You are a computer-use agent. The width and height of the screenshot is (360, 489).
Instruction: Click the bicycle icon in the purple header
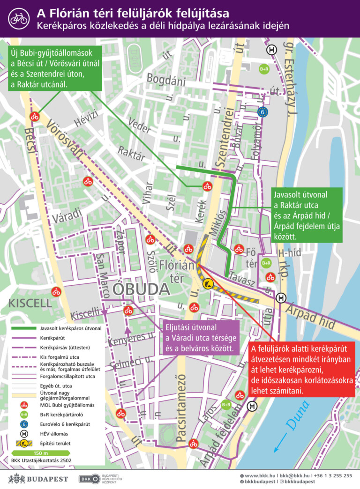click(19, 18)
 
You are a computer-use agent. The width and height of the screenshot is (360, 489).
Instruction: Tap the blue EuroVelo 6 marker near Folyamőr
click(263, 112)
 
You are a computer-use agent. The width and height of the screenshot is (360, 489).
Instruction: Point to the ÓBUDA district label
click(141, 289)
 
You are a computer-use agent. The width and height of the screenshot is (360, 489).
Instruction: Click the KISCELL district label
click(30, 303)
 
